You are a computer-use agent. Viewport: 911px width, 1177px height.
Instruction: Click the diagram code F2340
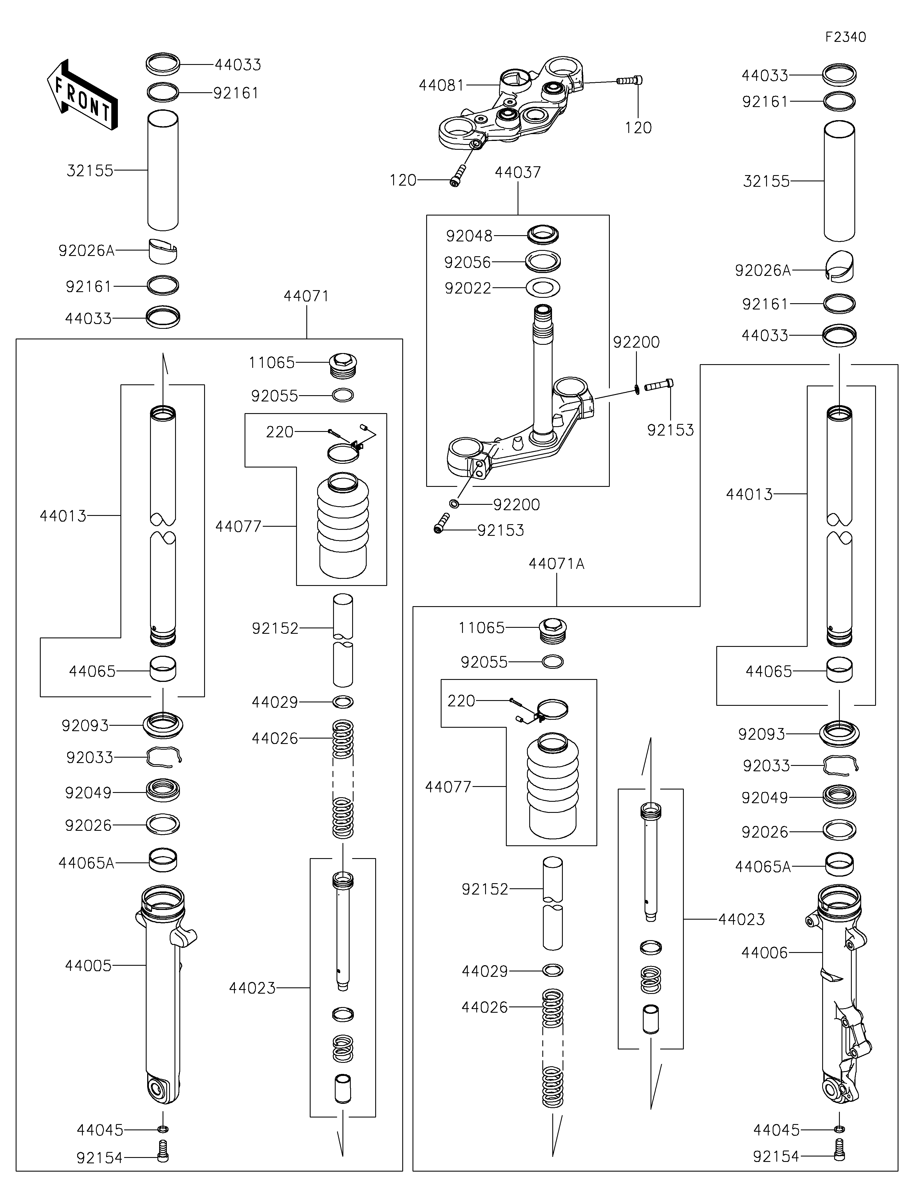[x=845, y=37]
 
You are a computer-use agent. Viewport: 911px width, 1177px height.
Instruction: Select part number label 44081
[x=441, y=85]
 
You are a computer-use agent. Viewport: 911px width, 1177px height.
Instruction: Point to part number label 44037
[x=518, y=173]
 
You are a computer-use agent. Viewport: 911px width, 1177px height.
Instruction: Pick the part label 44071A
[x=557, y=564]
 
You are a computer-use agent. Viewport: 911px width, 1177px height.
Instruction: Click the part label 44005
[x=88, y=965]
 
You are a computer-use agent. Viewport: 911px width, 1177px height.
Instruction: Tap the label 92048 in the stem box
[x=469, y=236]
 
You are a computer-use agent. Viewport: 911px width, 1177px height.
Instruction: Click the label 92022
[x=468, y=289]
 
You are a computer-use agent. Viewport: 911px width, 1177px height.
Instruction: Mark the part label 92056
[x=468, y=263]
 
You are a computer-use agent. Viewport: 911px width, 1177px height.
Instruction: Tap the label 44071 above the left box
[x=306, y=296]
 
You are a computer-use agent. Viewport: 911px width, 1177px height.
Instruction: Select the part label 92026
[x=88, y=825]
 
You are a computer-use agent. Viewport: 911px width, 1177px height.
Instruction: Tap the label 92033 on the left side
[x=89, y=758]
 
